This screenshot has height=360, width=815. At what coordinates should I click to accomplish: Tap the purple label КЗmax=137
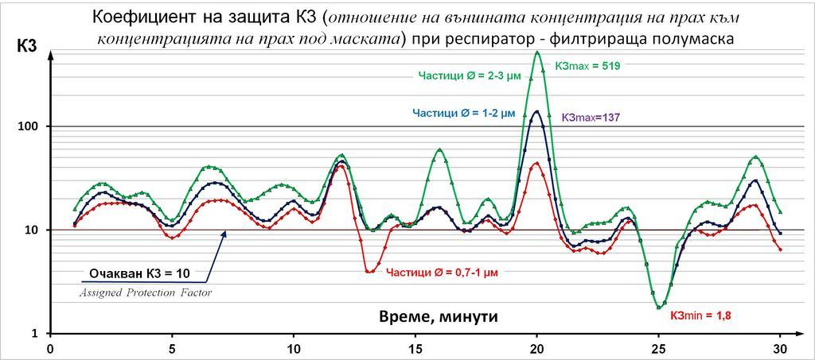click(x=590, y=117)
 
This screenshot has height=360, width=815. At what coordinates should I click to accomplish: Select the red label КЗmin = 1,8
click(x=700, y=315)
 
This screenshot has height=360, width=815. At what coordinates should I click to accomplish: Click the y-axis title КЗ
click(x=26, y=48)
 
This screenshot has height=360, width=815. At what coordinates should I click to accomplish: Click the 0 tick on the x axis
click(x=50, y=348)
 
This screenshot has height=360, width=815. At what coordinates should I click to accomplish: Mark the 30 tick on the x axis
click(x=780, y=348)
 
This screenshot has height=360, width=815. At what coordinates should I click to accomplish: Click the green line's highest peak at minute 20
click(x=537, y=52)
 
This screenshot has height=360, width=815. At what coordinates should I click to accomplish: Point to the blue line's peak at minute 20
click(x=536, y=111)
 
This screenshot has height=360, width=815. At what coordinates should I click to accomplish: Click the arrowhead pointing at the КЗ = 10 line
click(x=225, y=234)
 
